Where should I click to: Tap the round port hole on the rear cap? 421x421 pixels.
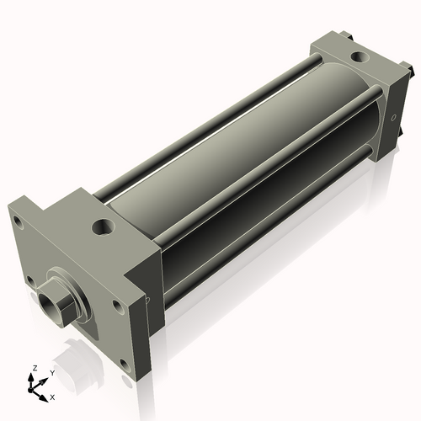tap(359, 58)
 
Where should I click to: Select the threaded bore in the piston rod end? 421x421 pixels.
tap(45, 301)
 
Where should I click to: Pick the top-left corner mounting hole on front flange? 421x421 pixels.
tap(16, 221)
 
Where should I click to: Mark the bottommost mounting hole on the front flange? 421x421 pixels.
tap(125, 365)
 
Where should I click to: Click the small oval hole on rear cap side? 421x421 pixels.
tap(393, 118)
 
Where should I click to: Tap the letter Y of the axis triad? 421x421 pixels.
tap(52, 372)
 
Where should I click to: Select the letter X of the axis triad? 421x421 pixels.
tap(53, 396)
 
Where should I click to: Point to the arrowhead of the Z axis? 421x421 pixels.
tap(35, 378)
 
